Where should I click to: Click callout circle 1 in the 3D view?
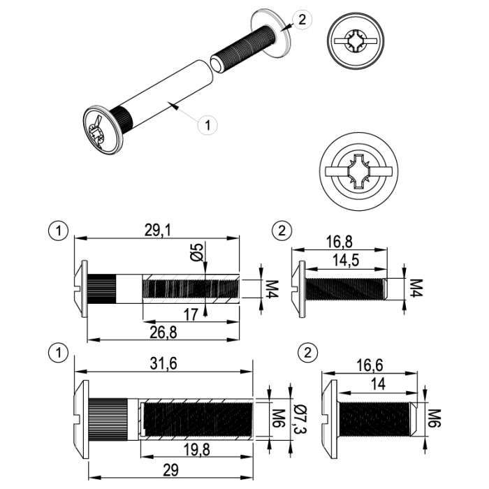207,124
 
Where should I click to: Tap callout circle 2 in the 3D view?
301,20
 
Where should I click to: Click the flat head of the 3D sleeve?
101,129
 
